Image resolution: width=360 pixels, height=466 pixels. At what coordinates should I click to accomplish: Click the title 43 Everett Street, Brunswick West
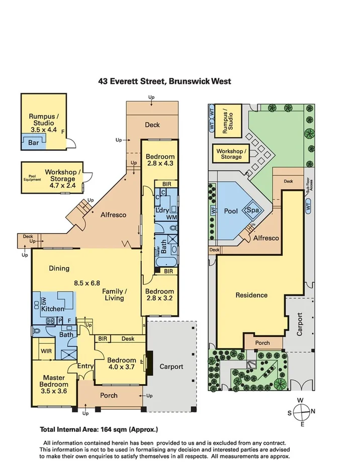pos(165,81)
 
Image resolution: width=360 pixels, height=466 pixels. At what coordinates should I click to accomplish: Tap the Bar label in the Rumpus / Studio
pos(27,142)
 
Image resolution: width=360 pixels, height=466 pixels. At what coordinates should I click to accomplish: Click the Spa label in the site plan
pos(251,211)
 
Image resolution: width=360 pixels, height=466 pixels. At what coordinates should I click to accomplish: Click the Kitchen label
pos(53,309)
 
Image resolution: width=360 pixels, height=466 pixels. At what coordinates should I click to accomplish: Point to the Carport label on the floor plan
pos(170,366)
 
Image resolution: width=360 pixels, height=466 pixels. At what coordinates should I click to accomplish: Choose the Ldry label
pos(162,210)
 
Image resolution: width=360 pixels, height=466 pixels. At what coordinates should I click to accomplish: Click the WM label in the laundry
pos(171,217)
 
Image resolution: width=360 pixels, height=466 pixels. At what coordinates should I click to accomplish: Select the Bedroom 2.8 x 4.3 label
pos(159,160)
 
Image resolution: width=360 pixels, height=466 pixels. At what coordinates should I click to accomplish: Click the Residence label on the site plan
pos(251,295)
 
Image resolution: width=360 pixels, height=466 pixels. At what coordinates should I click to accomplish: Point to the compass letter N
pos(313,412)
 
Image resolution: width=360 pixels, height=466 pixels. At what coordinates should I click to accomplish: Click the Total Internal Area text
pos(99,429)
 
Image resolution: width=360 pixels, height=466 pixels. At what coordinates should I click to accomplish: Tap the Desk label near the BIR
pos(128,339)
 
